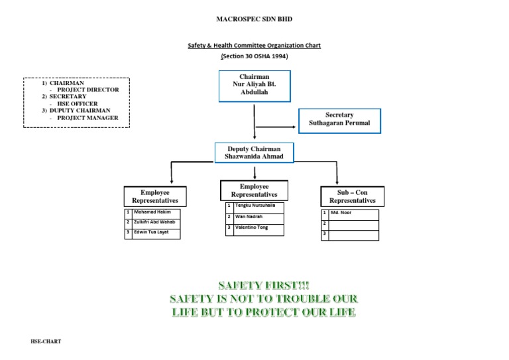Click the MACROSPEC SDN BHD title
coord(254,19)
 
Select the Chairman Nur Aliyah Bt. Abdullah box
coord(254,86)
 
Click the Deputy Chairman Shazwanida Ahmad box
coord(254,152)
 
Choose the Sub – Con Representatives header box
coord(352,196)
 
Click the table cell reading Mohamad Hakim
coord(156,212)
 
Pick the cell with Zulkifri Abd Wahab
coord(156,222)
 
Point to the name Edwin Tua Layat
coord(156,233)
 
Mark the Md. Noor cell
coord(354,214)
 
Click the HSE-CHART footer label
coord(45,342)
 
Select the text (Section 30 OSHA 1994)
coord(254,56)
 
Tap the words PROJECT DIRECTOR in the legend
coord(88,90)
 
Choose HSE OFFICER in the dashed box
coord(78,104)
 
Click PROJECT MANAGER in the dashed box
coord(88,118)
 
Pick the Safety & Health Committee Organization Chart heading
coord(254,46)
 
